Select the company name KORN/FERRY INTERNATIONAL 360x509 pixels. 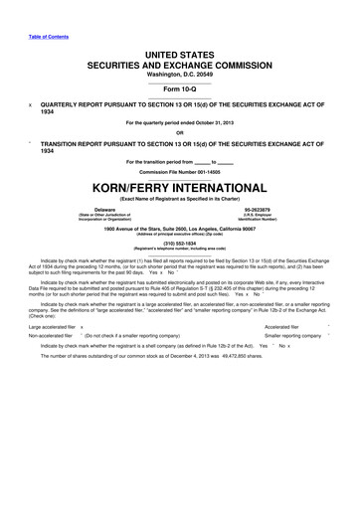(x=180, y=186)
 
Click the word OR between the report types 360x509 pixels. (x=179, y=132)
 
